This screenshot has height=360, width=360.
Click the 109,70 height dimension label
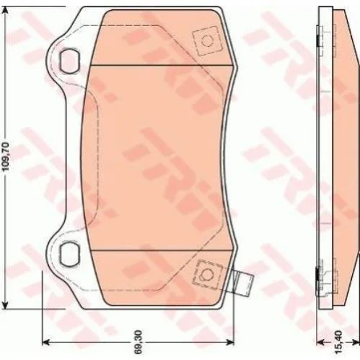click(6, 157)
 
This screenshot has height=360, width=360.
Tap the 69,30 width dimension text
click(139, 341)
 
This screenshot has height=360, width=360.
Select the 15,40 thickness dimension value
click(338, 343)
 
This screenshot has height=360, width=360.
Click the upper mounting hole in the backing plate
click(69, 61)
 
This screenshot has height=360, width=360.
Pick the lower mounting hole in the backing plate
click(69, 255)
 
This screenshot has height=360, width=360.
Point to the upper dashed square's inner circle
click(207, 41)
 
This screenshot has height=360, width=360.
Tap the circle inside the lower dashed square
click(206, 274)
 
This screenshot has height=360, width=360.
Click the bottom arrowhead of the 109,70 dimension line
click(5, 304)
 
